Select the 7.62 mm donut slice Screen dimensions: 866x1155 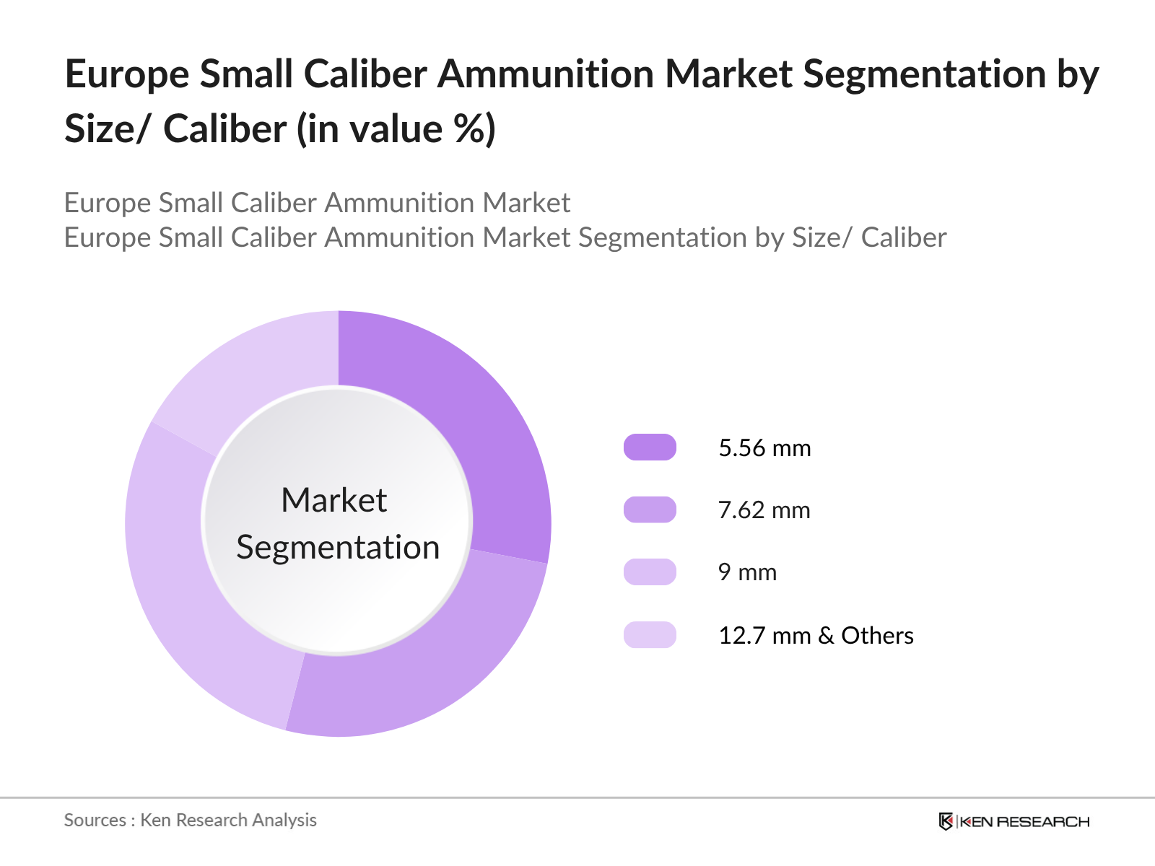tap(426, 664)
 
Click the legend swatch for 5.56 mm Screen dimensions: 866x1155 tap(650, 447)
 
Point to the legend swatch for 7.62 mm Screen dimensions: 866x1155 tap(650, 509)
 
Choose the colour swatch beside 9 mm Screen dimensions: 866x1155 tap(650, 572)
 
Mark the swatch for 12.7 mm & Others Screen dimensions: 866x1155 tap(650, 635)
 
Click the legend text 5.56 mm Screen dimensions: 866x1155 tap(764, 448)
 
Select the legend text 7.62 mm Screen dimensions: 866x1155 tap(764, 510)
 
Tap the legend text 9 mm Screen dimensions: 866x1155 tap(747, 572)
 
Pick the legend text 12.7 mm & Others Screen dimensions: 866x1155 tap(816, 636)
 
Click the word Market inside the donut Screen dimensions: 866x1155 tap(334, 500)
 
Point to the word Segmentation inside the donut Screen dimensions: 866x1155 tap(338, 548)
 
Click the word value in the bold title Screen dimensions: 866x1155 tap(394, 130)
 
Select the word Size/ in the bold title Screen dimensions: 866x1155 tap(108, 130)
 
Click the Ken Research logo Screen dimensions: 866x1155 tap(1014, 821)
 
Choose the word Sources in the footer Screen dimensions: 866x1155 tap(95, 821)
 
